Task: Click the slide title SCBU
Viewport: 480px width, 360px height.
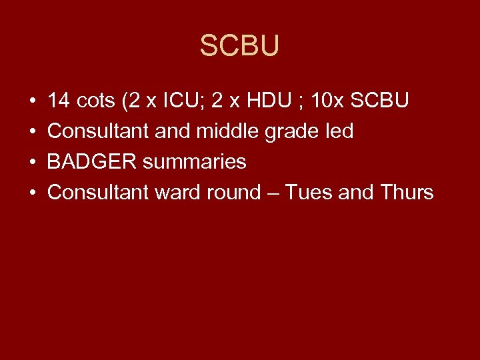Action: pyautogui.click(x=239, y=46)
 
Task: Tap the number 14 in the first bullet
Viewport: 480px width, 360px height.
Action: pyautogui.click(x=59, y=101)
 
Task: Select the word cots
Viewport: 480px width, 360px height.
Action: pyautogui.click(x=97, y=101)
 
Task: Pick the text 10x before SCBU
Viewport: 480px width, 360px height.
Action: pyautogui.click(x=327, y=101)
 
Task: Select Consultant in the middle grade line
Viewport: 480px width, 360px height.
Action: pyautogui.click(x=98, y=131)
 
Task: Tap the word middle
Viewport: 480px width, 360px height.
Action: pyautogui.click(x=226, y=131)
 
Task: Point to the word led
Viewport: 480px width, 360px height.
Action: pyautogui.click(x=338, y=131)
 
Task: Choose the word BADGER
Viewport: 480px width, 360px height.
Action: pyautogui.click(x=89, y=162)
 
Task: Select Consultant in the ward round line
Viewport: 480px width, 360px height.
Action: pyautogui.click(x=98, y=193)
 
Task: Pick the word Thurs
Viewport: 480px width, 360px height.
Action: pyautogui.click(x=407, y=193)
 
